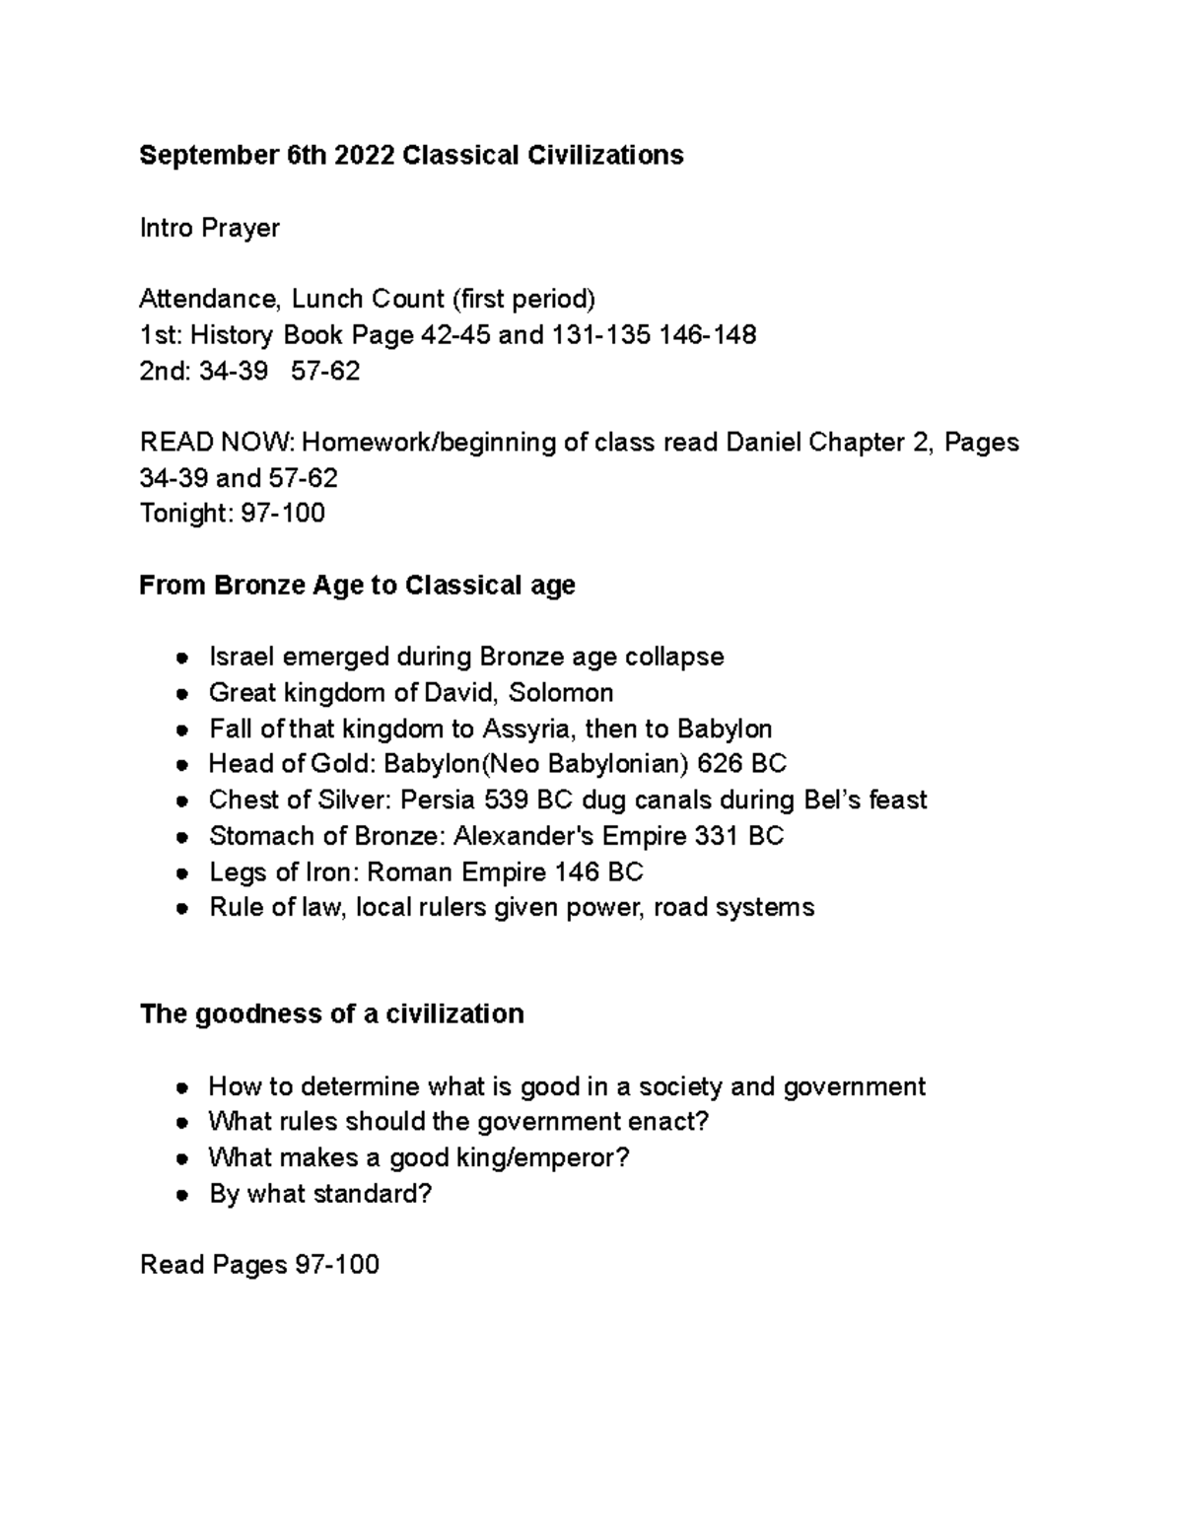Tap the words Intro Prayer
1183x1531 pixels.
coord(210,228)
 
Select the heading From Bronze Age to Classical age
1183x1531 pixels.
coord(357,586)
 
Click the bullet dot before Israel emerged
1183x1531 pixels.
coord(181,659)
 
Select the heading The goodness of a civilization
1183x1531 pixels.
coord(332,1014)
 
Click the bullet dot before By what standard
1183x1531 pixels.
coord(181,1195)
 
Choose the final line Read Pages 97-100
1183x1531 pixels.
coord(259,1265)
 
